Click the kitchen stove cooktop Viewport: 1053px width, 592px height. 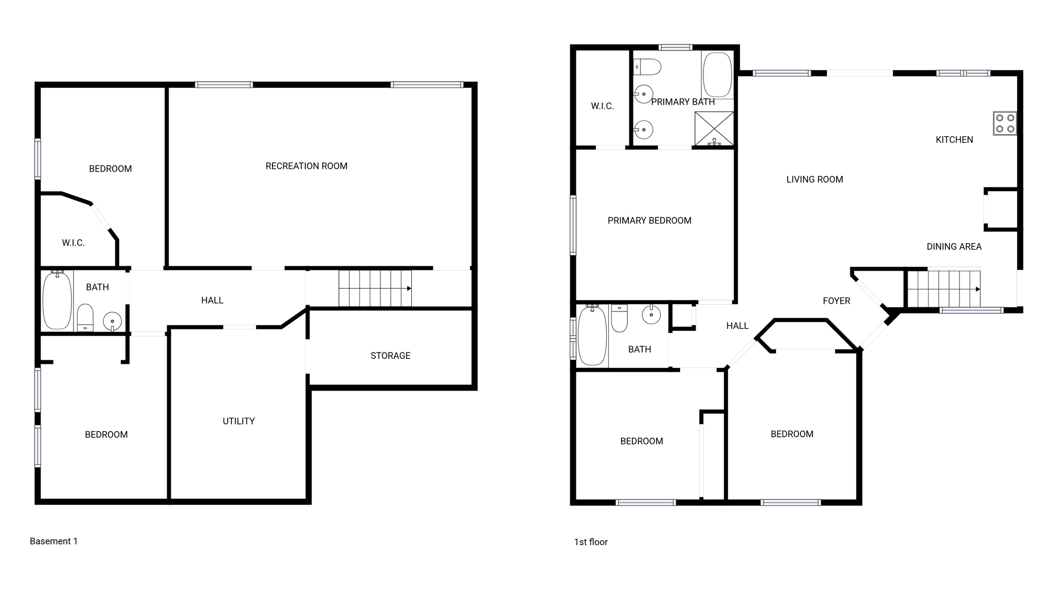(1005, 123)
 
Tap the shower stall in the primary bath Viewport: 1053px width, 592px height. (714, 128)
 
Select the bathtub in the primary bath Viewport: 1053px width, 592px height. (717, 75)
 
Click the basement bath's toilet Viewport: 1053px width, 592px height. (85, 318)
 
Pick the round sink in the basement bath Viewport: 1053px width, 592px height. (112, 322)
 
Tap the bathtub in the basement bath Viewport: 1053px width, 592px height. (57, 301)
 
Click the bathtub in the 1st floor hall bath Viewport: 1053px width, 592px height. (592, 335)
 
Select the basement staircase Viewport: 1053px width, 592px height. (375, 288)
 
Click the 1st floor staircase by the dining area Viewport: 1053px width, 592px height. (943, 289)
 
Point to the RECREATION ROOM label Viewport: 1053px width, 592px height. (306, 166)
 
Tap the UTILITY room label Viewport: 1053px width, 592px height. (239, 421)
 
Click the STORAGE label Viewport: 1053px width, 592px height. (390, 356)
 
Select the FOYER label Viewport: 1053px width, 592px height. (837, 301)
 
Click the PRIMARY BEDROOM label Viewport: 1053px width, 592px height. (649, 220)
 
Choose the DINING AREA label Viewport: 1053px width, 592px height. (954, 247)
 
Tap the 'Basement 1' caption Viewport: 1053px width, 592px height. (53, 541)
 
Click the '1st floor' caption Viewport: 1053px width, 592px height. (591, 542)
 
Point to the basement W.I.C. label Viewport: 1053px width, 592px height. (73, 243)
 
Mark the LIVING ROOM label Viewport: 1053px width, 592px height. (814, 179)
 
